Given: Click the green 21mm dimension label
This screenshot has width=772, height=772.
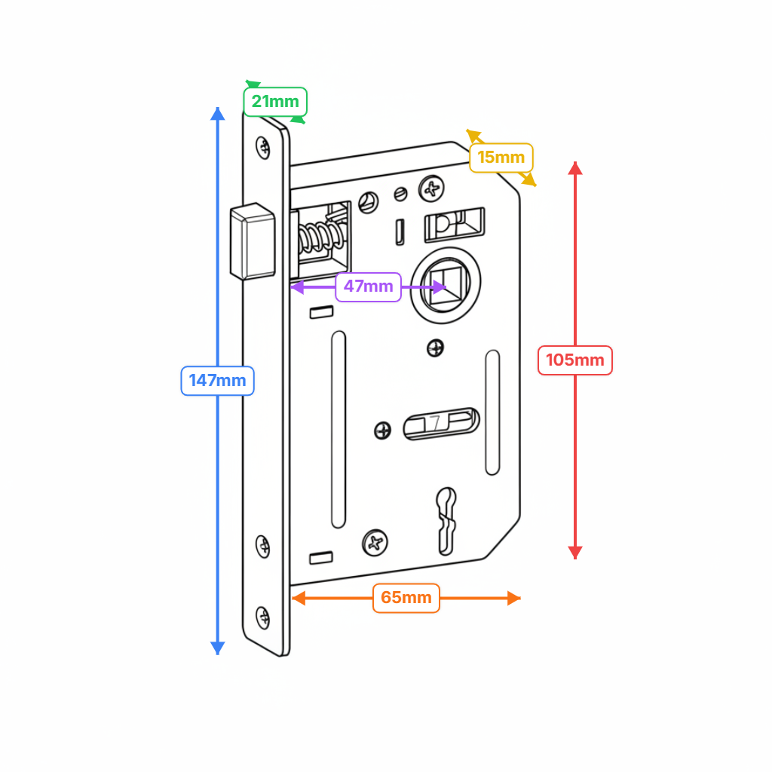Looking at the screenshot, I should pos(275,102).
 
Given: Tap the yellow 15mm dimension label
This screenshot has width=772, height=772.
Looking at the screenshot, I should pos(501,158).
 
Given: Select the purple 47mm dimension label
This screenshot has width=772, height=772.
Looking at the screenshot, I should pos(368,286).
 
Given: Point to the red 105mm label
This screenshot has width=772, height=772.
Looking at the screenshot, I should pos(574,360).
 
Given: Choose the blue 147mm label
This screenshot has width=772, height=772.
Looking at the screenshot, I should pos(217,381).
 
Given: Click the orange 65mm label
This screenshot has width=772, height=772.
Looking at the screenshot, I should pos(406,598).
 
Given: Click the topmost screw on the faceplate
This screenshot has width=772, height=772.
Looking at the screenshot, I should pos(263,147).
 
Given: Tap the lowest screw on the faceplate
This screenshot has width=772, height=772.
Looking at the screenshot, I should pos(263,617).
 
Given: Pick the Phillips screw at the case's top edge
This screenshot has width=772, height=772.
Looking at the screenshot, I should pos(432,188).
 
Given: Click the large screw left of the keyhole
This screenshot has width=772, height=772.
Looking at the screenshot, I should pos(375,541).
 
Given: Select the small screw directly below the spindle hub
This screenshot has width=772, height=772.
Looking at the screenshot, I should pos(435,348).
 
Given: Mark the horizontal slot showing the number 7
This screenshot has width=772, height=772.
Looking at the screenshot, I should pos(441,424).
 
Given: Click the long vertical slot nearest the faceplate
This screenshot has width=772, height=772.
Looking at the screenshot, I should pos(339,430).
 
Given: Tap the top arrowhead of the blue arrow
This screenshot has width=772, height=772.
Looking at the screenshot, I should pos(218,114).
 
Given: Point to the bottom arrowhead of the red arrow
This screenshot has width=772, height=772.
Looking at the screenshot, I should pos(575,552).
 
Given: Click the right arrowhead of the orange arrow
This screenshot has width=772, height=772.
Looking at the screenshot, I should pos(514,598).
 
